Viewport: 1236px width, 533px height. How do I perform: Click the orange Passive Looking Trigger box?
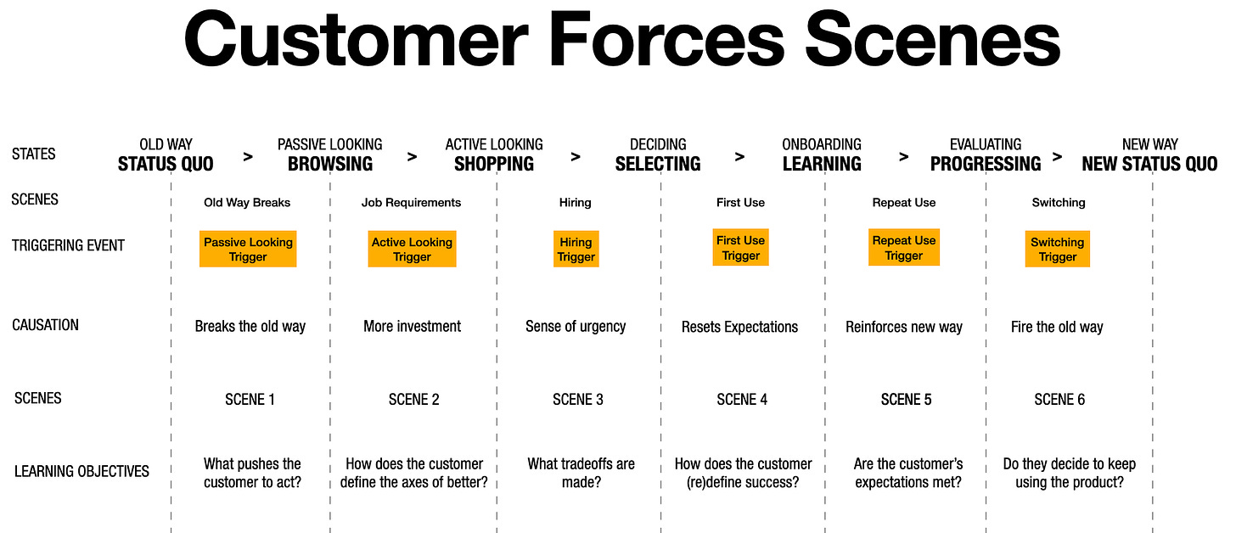pos(248,249)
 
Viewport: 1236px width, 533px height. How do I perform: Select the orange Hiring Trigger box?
pos(576,249)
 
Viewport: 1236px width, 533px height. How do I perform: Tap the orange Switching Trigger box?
pos(1057,249)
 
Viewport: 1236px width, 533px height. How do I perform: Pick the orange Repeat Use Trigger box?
pos(903,247)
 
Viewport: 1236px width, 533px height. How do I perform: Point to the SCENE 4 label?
pos(741,399)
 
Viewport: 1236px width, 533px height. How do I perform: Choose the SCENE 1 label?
pos(250,399)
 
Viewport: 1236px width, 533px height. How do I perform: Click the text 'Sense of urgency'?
pos(576,326)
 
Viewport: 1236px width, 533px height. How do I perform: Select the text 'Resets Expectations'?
pos(739,327)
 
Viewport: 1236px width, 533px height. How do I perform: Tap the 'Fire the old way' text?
pos(1057,327)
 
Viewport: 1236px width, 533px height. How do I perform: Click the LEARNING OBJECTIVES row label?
pos(81,471)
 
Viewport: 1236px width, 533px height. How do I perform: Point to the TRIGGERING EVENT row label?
pos(68,245)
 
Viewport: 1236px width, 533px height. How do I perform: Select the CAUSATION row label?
pos(45,325)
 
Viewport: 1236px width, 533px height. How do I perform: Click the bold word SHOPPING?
pos(494,164)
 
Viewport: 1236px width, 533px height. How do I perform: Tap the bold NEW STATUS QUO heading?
pos(1149,164)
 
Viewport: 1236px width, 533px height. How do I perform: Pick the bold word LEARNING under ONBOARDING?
pos(822,164)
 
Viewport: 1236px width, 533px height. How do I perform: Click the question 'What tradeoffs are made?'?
pos(581,473)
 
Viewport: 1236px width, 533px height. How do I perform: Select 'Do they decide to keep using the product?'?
pos(1069,473)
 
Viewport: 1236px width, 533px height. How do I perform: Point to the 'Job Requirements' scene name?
pos(411,203)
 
